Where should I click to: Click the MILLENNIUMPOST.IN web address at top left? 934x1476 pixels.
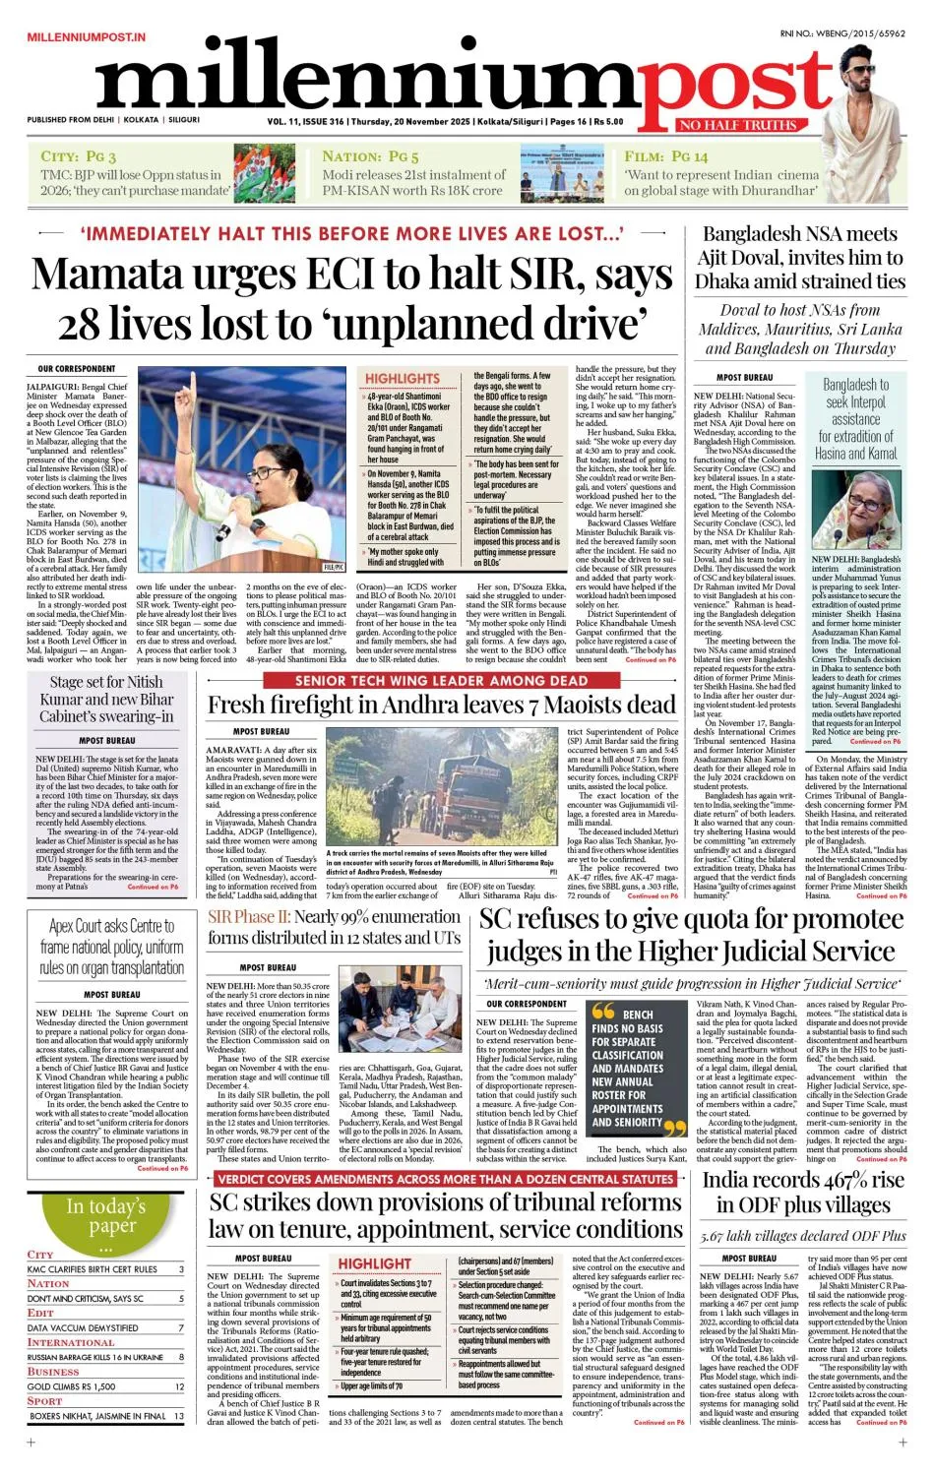click(x=86, y=36)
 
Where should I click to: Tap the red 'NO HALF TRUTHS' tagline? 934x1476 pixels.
click(x=738, y=125)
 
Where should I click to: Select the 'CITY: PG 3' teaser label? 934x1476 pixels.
click(x=79, y=156)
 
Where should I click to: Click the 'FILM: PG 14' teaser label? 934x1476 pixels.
click(x=665, y=156)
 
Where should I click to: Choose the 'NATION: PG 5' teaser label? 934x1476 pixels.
click(x=370, y=156)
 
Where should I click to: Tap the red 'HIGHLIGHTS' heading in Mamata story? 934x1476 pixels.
click(x=403, y=378)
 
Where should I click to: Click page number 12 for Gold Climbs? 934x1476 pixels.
click(x=180, y=1386)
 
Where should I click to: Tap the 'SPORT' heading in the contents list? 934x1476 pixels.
click(x=45, y=1400)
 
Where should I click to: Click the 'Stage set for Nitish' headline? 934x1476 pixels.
click(x=106, y=682)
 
